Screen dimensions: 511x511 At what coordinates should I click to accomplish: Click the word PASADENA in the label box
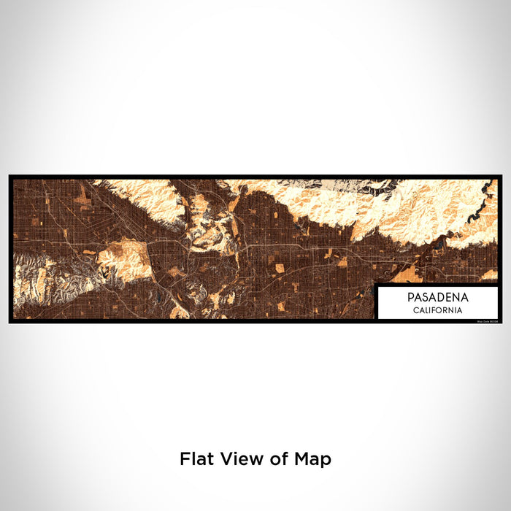[438, 297]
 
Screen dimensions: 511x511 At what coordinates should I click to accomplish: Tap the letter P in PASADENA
[411, 297]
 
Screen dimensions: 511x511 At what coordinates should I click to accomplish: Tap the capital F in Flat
[185, 459]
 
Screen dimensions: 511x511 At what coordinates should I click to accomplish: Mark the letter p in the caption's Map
[326, 461]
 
